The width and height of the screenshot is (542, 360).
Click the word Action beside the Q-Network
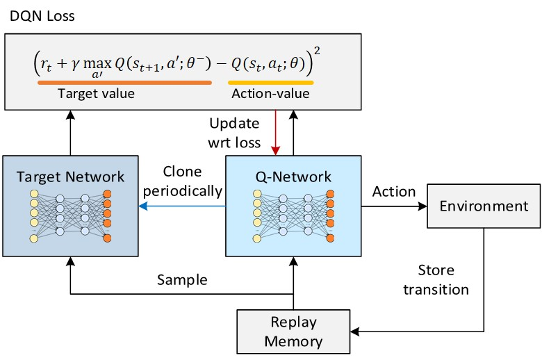(x=394, y=192)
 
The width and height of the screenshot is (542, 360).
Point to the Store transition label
(x=443, y=279)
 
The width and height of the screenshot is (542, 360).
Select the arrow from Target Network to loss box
(x=70, y=132)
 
